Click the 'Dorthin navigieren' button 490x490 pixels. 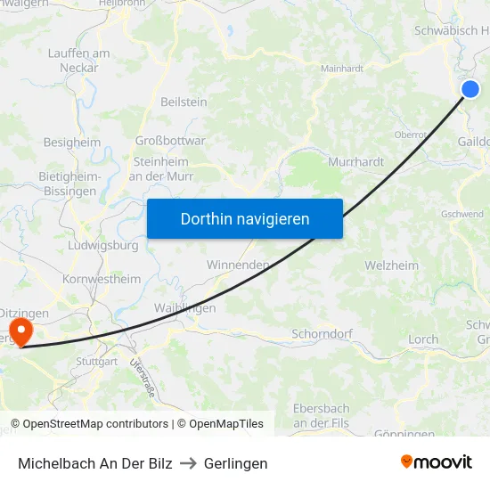[244, 218]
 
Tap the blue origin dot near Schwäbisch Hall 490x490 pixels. [470, 88]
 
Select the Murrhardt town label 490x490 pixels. [355, 162]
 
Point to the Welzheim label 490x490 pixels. [391, 265]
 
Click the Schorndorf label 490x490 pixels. [323, 334]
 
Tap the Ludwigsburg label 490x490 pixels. [103, 245]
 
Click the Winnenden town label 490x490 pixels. [238, 265]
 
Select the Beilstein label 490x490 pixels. [184, 102]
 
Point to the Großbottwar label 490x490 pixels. [169, 140]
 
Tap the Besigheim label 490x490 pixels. [72, 142]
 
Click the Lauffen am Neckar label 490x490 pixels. [78, 61]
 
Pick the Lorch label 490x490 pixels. [423, 339]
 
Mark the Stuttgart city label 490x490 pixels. [96, 362]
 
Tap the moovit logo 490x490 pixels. [437, 462]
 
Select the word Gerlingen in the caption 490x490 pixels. [235, 463]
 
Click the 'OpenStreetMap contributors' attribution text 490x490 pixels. [95, 424]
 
